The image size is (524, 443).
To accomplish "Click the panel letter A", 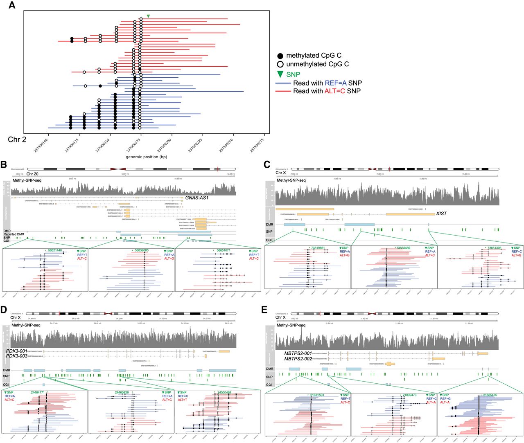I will point(12,5).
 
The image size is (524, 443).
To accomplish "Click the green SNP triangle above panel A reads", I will point(148,16).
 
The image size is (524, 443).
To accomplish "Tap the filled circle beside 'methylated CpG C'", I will point(280,56).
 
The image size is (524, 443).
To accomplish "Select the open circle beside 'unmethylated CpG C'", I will point(280,64).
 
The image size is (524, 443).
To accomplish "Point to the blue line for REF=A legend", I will point(283,83).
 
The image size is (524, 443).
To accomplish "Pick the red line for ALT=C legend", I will point(283,91).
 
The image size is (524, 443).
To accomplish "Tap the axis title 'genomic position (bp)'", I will point(146,157).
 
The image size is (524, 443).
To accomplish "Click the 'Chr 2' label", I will point(17,139).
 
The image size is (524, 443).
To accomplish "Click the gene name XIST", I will point(441,214).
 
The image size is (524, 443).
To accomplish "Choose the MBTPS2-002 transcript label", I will point(298,359).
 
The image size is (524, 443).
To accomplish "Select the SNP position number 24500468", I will point(223,392).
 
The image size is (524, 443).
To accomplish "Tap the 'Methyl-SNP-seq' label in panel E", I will point(291,326).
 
